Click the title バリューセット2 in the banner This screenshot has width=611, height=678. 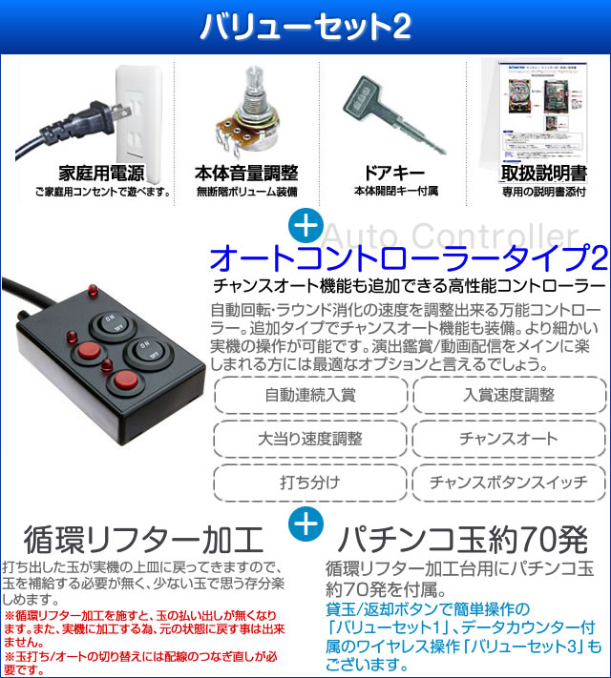pos(305,27)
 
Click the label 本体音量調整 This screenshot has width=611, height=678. pos(245,174)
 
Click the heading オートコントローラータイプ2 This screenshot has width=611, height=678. pos(408,258)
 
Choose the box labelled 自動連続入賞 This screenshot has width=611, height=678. pos(311,395)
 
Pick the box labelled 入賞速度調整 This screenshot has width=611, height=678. pos(509,395)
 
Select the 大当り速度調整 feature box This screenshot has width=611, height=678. pos(311,439)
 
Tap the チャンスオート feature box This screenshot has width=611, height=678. pos(509,439)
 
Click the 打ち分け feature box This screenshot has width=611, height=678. pos(311,482)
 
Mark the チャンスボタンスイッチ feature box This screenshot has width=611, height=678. pos(509,482)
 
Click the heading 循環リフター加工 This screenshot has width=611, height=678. pos(143,540)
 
